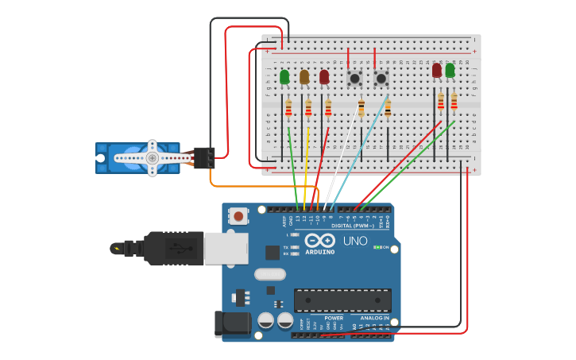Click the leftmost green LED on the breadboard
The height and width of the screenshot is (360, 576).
pyautogui.click(x=284, y=77)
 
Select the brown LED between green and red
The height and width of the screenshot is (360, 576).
pyautogui.click(x=304, y=77)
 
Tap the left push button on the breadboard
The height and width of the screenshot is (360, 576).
pyautogui.click(x=354, y=79)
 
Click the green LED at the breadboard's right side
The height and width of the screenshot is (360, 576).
pyautogui.click(x=450, y=71)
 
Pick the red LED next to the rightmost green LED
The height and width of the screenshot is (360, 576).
pyautogui.click(x=437, y=71)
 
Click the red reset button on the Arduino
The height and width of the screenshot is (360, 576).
pyautogui.click(x=238, y=215)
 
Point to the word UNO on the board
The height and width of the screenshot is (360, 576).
pyautogui.click(x=354, y=241)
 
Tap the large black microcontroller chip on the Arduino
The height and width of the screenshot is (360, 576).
pyautogui.click(x=342, y=300)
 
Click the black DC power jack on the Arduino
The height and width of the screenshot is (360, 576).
pyautogui.click(x=232, y=323)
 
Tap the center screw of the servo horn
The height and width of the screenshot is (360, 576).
pyautogui.click(x=152, y=158)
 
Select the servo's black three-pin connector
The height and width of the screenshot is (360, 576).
pyautogui.click(x=204, y=157)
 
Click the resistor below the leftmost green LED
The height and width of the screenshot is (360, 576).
pyautogui.click(x=288, y=108)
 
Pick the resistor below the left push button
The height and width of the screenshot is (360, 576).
pyautogui.click(x=361, y=108)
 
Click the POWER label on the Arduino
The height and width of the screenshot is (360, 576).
pyautogui.click(x=334, y=318)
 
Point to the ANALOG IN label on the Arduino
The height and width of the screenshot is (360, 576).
pyautogui.click(x=374, y=318)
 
